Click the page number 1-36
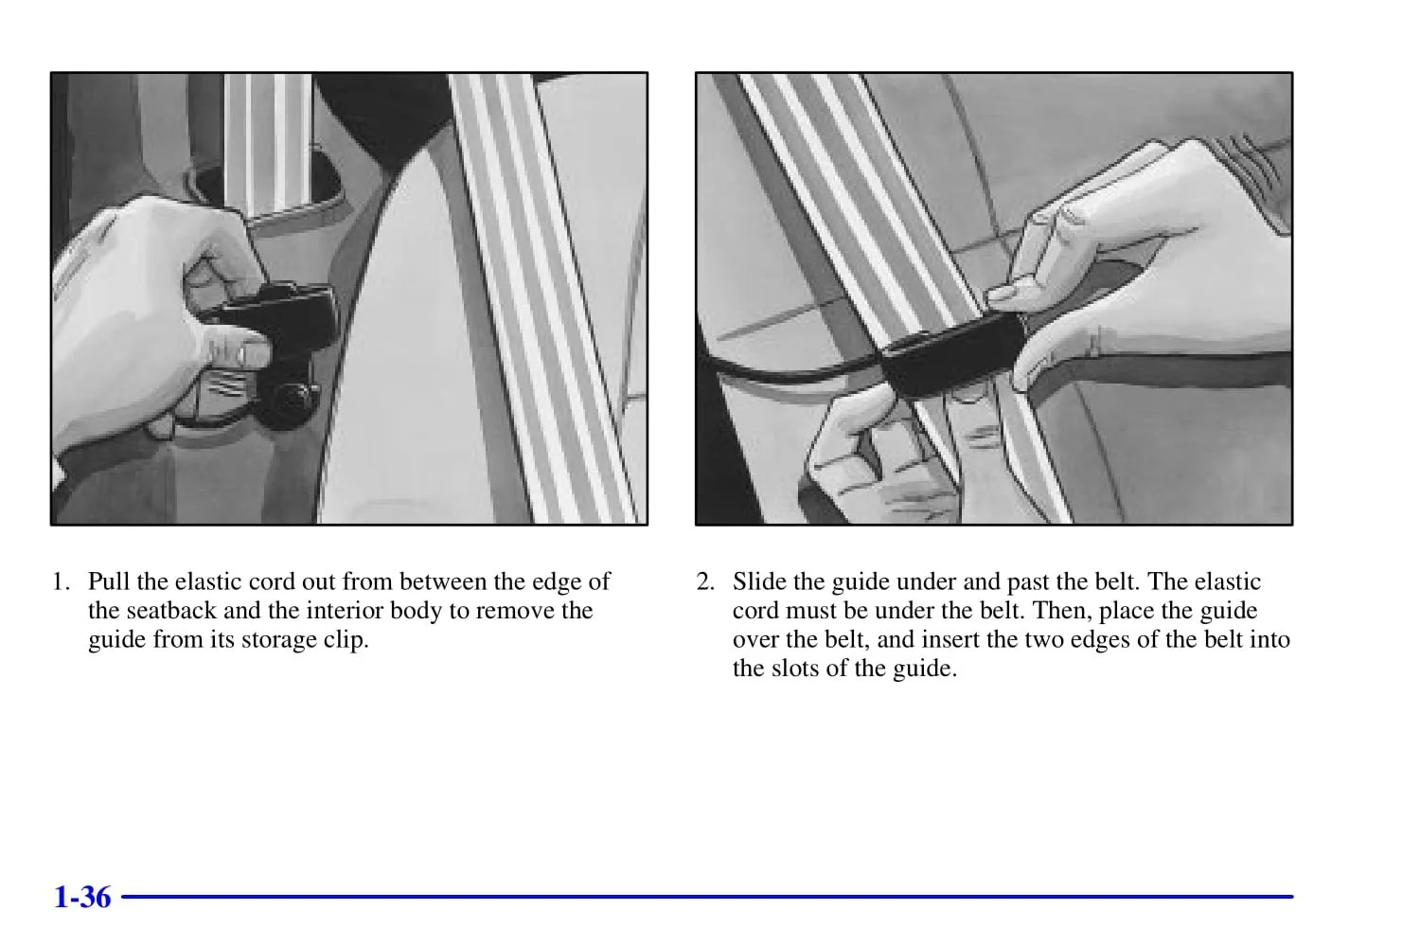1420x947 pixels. [x=82, y=898]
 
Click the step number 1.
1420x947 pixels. [x=61, y=581]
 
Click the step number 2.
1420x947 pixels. [x=705, y=581]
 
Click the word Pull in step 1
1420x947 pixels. [x=109, y=581]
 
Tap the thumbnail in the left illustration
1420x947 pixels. [x=255, y=354]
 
